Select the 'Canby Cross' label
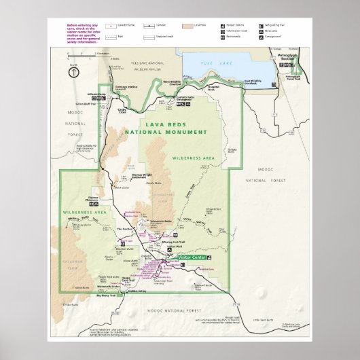(x=122, y=110)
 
